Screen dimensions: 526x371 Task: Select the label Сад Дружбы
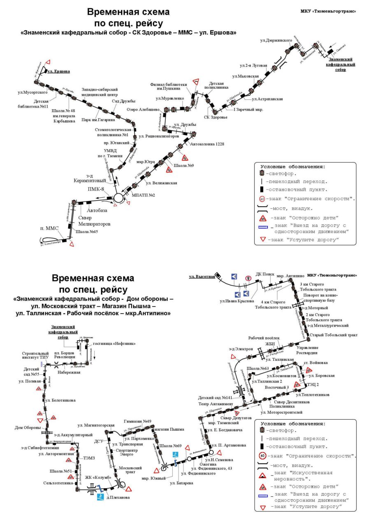click(123, 101)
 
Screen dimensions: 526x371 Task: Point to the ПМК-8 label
click(96, 189)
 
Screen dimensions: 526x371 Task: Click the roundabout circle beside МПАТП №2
click(118, 198)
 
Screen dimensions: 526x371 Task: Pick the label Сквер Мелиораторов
click(94, 221)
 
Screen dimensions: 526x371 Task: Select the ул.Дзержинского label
click(276, 40)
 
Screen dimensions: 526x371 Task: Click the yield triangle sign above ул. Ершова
click(48, 62)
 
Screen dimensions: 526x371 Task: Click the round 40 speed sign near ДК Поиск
click(248, 278)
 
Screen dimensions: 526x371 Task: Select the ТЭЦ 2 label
click(313, 385)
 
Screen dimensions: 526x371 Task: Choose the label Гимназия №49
click(137, 421)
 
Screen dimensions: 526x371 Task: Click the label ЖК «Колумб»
click(98, 477)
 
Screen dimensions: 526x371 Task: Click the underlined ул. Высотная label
click(202, 277)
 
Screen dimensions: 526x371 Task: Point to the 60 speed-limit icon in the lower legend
click(262, 456)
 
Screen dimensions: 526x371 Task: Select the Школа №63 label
click(258, 368)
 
